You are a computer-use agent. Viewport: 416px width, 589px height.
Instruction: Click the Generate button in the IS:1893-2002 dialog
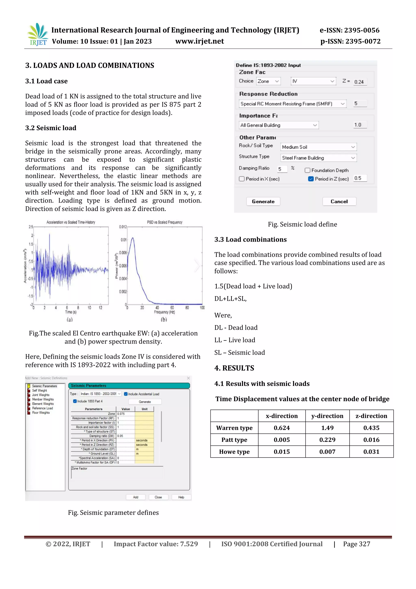point(263,202)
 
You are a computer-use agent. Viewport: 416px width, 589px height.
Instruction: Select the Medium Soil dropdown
point(318,147)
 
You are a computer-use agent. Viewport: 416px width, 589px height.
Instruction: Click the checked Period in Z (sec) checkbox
point(311,179)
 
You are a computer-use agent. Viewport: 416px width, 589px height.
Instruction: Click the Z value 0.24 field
point(360,82)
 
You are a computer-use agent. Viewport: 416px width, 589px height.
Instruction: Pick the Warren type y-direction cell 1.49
point(327,428)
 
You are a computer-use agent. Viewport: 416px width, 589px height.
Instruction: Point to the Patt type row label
point(234,440)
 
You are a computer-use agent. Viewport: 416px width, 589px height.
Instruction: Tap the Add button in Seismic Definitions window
point(135,497)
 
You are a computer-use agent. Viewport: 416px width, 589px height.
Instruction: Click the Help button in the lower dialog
point(181,497)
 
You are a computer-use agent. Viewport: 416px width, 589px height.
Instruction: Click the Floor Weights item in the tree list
point(41,413)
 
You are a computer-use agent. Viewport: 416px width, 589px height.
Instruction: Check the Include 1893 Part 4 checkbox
point(75,401)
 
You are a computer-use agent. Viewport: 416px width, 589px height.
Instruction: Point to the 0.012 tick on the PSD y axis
point(123,227)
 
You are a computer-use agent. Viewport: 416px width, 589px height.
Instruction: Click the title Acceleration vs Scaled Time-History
point(71,222)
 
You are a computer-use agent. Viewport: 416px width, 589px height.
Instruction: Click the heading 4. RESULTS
point(234,368)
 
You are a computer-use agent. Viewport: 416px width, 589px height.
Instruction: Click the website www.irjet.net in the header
point(199,41)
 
